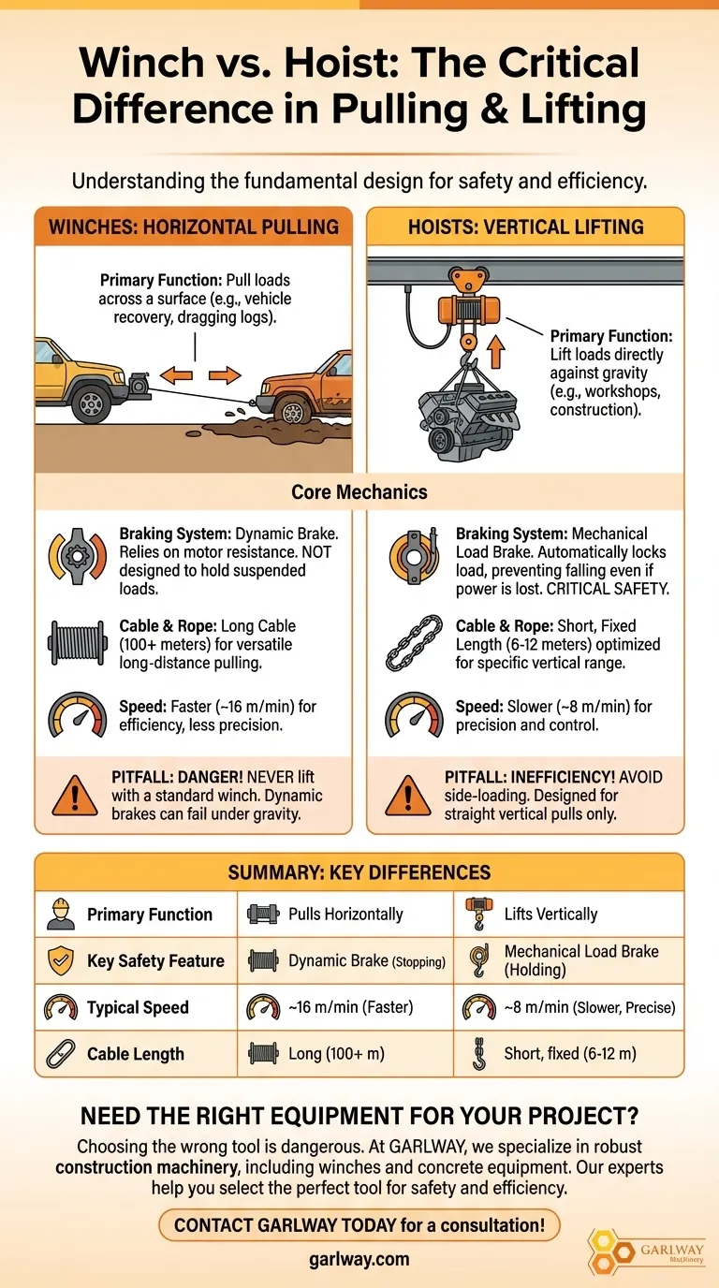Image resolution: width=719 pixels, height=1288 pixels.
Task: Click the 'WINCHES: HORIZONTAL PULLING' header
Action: tap(193, 227)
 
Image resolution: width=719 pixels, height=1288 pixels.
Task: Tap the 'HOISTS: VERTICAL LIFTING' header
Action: tap(524, 227)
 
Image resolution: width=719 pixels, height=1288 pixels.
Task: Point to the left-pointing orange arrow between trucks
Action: tap(175, 376)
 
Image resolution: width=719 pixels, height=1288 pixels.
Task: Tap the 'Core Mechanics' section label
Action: tap(359, 491)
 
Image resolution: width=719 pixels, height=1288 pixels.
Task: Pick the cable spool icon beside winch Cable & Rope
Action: tap(76, 643)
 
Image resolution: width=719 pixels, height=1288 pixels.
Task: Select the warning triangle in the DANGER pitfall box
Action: tap(75, 796)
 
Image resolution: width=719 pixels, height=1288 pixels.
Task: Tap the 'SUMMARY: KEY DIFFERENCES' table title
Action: tap(359, 872)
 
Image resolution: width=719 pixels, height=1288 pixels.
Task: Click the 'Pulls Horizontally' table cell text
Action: tap(345, 915)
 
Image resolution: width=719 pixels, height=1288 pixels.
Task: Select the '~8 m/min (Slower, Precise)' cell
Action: tap(589, 1008)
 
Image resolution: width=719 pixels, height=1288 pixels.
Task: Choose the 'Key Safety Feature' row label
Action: tap(155, 961)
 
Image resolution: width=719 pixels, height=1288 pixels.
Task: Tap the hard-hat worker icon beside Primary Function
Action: tap(60, 915)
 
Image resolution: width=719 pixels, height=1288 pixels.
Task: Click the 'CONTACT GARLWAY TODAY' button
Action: tap(359, 1224)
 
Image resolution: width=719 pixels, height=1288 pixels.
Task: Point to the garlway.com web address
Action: tap(359, 1259)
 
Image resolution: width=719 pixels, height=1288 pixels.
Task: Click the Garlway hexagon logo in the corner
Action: tap(612, 1250)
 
